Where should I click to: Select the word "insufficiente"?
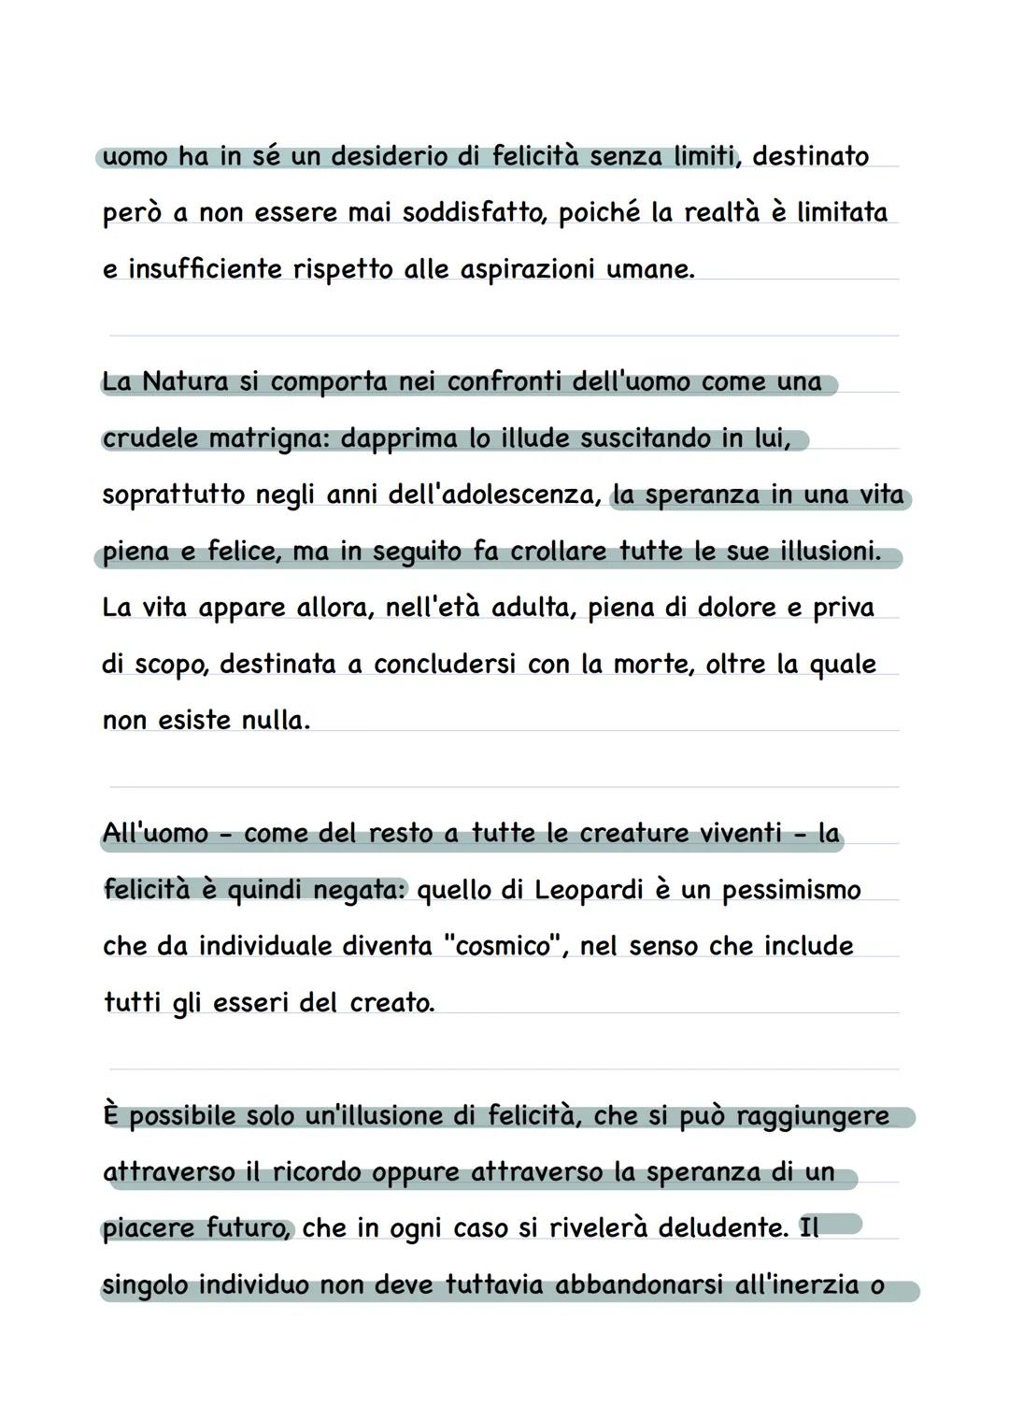click(x=205, y=269)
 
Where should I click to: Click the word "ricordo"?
click(x=317, y=1172)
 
